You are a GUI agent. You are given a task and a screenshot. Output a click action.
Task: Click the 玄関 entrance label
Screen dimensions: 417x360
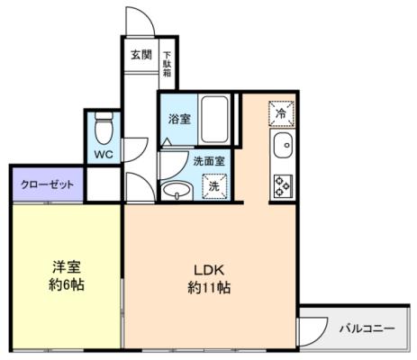141,55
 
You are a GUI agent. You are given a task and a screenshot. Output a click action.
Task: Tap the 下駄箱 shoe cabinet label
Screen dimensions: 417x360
168,64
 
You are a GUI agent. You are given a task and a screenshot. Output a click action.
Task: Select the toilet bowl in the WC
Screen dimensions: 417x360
104,129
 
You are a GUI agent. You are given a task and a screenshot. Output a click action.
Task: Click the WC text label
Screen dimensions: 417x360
104,154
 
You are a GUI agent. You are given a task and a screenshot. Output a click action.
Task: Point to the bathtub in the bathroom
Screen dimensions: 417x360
214,119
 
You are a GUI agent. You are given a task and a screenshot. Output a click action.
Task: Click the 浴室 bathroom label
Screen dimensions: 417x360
179,119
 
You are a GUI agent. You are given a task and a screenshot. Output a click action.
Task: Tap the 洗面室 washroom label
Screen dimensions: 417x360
209,161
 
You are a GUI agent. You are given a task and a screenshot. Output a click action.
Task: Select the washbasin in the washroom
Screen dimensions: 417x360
176,190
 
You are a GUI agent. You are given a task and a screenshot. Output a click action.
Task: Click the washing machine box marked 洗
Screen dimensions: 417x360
214,186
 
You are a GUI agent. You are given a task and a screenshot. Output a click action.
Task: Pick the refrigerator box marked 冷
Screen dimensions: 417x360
281,113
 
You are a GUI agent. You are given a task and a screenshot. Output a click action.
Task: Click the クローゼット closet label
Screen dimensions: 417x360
48,184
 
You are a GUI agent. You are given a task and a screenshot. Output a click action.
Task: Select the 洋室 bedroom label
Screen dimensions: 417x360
67,267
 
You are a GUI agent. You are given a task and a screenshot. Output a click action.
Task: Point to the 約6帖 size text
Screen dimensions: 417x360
67,284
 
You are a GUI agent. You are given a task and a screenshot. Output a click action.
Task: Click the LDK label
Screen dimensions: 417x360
209,270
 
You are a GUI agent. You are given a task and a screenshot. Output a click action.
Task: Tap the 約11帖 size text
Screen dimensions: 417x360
209,287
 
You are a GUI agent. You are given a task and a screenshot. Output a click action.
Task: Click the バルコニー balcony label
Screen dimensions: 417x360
367,328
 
